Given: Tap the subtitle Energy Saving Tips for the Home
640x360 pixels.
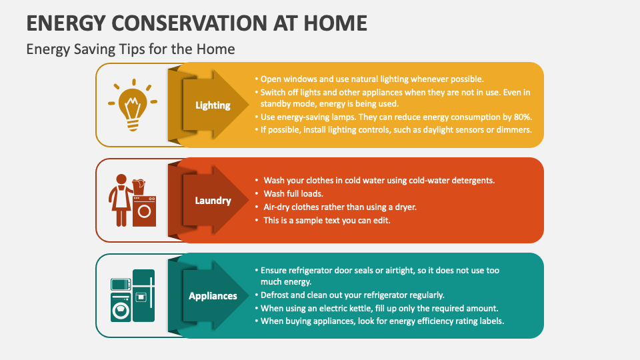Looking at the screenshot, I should click(130, 49).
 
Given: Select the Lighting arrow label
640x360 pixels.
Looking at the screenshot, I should click(213, 105).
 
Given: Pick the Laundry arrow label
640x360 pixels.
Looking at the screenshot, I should click(213, 200).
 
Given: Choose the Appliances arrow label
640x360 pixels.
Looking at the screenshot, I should click(213, 295).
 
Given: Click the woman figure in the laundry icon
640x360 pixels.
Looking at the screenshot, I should click(121, 200).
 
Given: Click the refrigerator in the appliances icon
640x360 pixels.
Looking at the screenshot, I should click(143, 295).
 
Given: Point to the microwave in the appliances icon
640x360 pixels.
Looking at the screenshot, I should click(121, 284).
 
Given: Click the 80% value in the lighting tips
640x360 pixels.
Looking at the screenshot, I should click(522, 117).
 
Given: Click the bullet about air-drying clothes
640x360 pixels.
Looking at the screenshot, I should click(339, 207).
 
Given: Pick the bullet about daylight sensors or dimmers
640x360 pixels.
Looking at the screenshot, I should click(395, 129).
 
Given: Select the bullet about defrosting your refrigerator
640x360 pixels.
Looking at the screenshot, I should click(352, 295).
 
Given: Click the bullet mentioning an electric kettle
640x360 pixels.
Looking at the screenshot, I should click(379, 308).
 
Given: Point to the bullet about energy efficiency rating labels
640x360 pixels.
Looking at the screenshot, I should click(382, 321).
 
